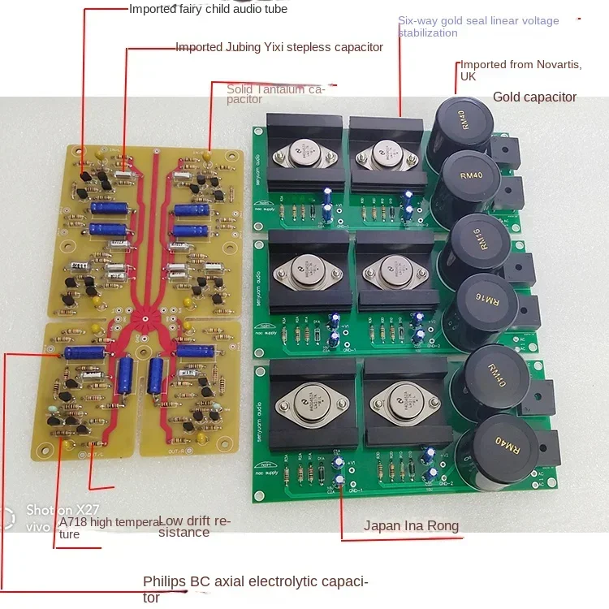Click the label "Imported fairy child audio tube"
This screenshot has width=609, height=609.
pyautogui.click(x=208, y=9)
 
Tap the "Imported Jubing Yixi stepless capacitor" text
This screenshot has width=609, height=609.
pyautogui.click(x=279, y=47)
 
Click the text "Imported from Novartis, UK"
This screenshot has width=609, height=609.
pyautogui.click(x=520, y=71)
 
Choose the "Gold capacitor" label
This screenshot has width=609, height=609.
pyautogui.click(x=534, y=97)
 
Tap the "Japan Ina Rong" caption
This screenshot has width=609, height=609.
pyautogui.click(x=411, y=525)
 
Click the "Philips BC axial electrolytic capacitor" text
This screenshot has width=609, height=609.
pyautogui.click(x=255, y=589)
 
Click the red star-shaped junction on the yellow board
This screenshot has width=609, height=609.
pyautogui.click(x=146, y=318)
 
